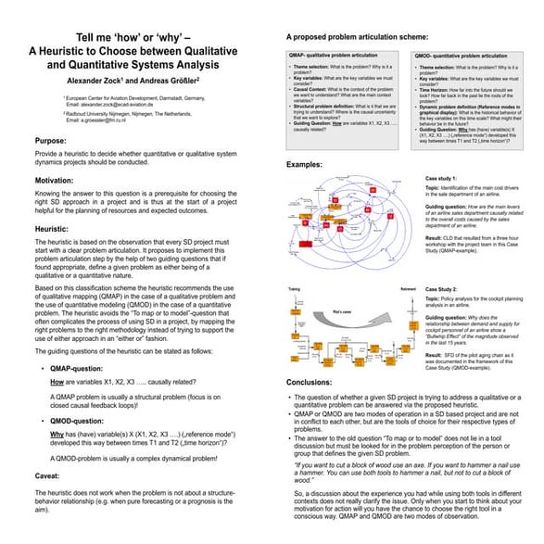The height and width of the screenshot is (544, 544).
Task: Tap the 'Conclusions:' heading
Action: tap(314, 382)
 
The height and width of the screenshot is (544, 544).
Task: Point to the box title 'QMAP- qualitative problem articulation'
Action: tap(332, 57)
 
